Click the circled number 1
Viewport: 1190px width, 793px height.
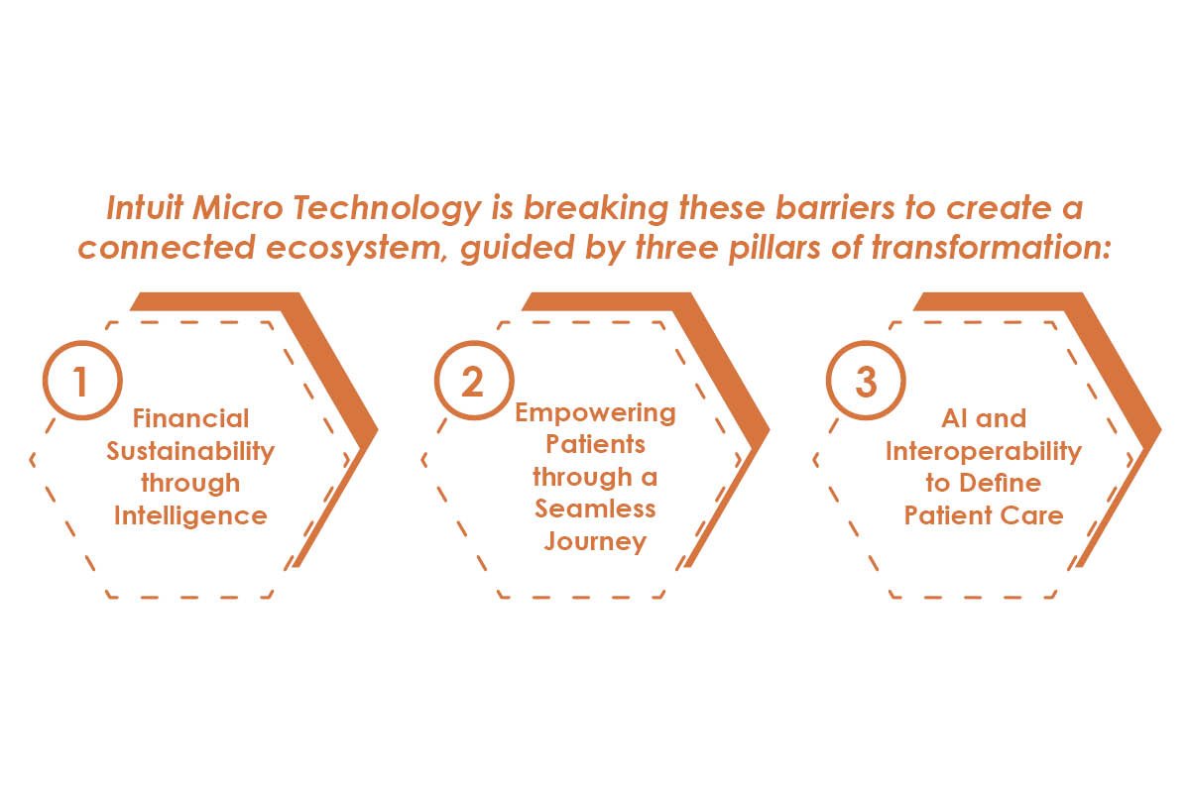(x=82, y=381)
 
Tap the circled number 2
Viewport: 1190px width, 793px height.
(x=473, y=381)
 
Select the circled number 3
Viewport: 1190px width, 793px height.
(x=866, y=381)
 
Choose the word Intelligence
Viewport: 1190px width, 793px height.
(x=190, y=515)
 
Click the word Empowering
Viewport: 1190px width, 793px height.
(x=595, y=412)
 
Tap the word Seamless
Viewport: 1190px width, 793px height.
(x=595, y=509)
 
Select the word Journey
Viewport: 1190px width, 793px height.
(x=595, y=541)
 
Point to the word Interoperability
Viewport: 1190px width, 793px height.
(x=984, y=451)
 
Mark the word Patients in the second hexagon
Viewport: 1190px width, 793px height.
(x=595, y=443)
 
